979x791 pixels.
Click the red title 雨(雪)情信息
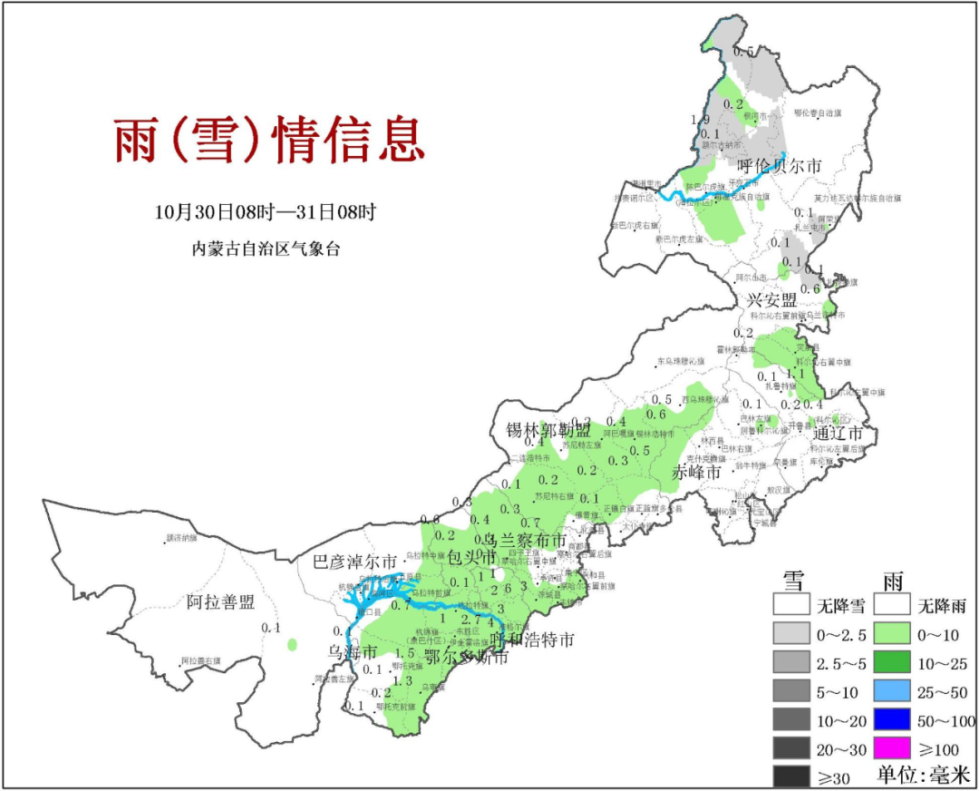pos(269,141)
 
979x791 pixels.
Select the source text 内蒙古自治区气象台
pos(266,249)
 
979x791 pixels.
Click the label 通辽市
pos(843,432)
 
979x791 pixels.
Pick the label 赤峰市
pos(697,473)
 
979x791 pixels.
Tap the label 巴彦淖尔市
pos(354,562)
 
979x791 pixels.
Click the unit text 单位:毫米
pos(924,776)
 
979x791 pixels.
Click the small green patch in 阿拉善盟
pos(292,645)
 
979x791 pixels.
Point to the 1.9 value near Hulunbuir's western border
pos(700,120)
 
